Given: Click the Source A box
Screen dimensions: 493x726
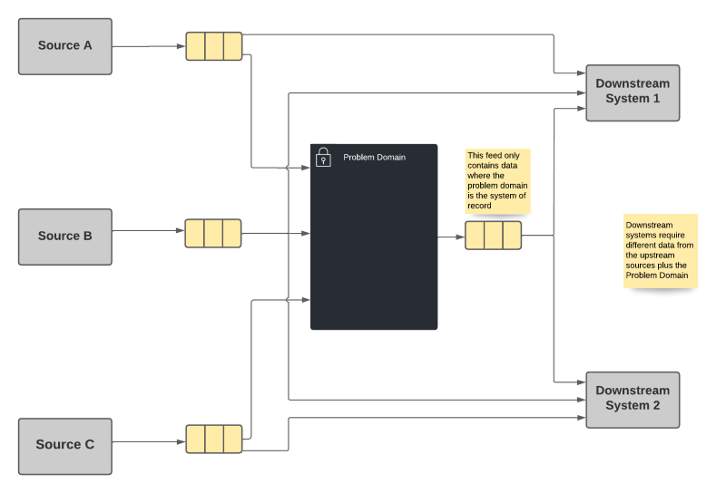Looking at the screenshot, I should (65, 45).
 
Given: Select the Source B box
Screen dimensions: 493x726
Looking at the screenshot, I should (65, 236).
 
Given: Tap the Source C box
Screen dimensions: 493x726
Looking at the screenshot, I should (65, 445).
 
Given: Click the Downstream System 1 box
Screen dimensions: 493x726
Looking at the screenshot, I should (633, 92).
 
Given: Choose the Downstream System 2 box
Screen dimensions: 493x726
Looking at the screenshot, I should (633, 399).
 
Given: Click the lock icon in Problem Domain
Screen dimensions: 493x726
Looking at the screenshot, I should (323, 158).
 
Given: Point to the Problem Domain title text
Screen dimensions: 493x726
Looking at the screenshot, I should (374, 158).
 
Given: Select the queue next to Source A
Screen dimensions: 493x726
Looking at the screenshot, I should (214, 46).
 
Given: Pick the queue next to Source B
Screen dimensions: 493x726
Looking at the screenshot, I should (213, 233).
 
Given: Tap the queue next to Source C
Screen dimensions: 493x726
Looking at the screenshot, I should (214, 439).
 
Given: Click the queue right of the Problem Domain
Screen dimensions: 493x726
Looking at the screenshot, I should (493, 235).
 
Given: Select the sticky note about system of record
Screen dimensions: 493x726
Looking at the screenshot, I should (496, 181).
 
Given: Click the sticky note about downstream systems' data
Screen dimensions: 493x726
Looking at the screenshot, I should (660, 251).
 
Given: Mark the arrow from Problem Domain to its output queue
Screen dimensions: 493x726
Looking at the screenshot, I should (451, 237).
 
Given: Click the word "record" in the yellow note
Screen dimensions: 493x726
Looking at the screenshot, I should (480, 206).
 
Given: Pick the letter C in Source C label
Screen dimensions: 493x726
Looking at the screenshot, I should (89, 445).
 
